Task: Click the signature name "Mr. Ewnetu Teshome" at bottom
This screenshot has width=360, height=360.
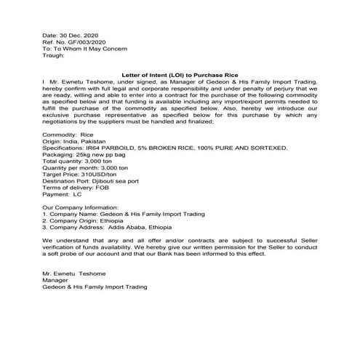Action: click(x=76, y=274)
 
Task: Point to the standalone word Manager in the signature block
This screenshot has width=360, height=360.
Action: click(x=56, y=281)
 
